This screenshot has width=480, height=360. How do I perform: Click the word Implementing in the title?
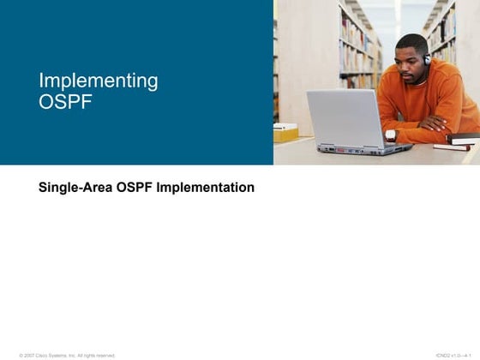click(98, 81)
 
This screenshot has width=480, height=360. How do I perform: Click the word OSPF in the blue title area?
click(64, 102)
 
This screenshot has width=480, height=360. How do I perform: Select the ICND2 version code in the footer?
click(453, 355)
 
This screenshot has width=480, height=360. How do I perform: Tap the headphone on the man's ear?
click(426, 60)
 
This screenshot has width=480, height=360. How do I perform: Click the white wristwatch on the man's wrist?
click(391, 135)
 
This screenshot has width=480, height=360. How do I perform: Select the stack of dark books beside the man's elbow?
click(464, 137)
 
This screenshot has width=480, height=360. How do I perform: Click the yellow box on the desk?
click(285, 134)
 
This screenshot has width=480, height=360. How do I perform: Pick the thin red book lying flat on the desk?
click(452, 147)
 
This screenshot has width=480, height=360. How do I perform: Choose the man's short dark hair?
click(413, 40)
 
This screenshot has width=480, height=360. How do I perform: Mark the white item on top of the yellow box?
click(284, 125)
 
